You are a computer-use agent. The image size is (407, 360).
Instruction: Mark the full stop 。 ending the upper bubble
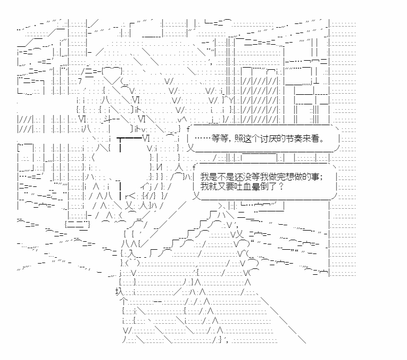point(323,138)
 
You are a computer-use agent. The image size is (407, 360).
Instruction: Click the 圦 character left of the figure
point(119,291)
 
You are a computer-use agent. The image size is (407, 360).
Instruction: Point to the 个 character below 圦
point(124,302)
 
